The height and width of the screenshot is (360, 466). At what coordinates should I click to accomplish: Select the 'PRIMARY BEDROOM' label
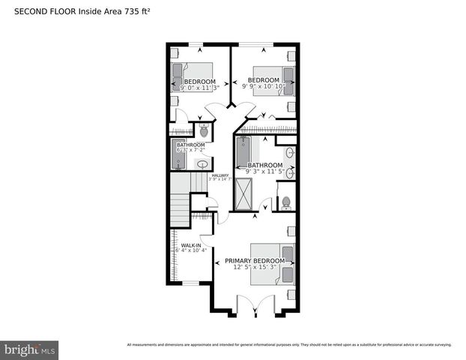(255, 260)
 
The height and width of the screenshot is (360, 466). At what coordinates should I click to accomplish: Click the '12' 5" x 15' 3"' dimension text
(255, 267)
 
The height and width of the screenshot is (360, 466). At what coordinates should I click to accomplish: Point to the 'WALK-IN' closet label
(189, 244)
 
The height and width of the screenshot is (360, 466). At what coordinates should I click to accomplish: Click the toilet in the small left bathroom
(202, 130)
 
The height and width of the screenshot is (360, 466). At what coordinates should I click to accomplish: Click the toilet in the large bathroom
(285, 202)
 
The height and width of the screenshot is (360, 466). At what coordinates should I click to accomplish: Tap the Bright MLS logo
(30, 349)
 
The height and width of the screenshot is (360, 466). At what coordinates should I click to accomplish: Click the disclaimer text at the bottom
(289, 345)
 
